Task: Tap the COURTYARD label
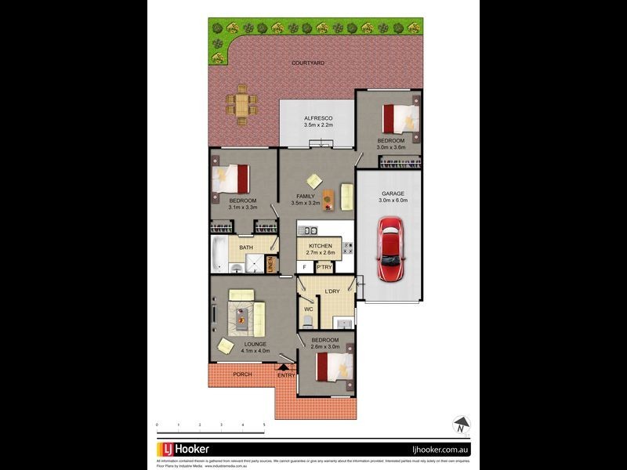coord(308,63)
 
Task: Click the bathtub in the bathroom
coord(219,255)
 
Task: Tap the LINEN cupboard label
coord(270,265)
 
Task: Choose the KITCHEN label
coord(321,246)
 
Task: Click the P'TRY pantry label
coord(324,267)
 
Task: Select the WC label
coord(308,309)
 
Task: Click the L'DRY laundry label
coord(332,292)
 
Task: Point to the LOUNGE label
coord(255,344)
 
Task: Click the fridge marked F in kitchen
coord(304,267)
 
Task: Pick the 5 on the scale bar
coord(264,425)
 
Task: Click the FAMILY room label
coord(305,196)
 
